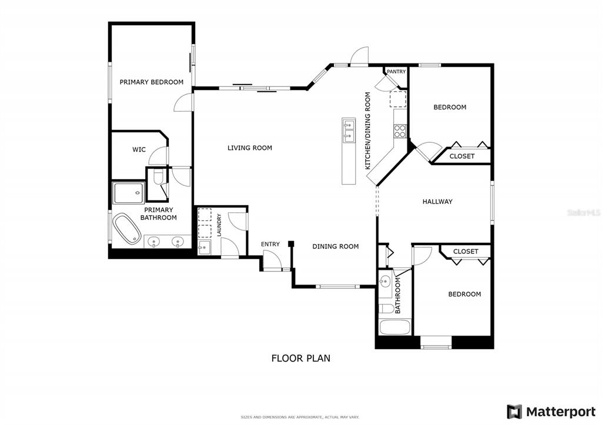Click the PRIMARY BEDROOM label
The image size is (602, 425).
pyautogui.click(x=151, y=82)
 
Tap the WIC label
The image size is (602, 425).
pyautogui.click(x=139, y=149)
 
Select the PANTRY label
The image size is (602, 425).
pyautogui.click(x=396, y=72)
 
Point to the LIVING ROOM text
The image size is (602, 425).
pyautogui.click(x=249, y=148)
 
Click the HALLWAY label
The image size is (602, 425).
pyautogui.click(x=437, y=202)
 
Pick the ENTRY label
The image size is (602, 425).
pyautogui.click(x=270, y=244)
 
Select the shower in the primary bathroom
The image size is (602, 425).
pyautogui.click(x=129, y=193)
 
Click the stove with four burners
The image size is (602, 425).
pyautogui.click(x=400, y=131)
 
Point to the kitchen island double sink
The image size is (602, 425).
pyautogui.click(x=349, y=130)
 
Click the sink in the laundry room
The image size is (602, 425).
pyautogui.click(x=204, y=247)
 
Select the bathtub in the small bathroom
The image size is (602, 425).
pyautogui.click(x=394, y=327)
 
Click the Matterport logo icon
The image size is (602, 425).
pyautogui.click(x=514, y=412)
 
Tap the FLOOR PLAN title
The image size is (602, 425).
pyautogui.click(x=300, y=358)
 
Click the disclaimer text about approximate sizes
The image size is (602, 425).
pyautogui.click(x=300, y=417)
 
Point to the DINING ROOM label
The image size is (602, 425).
pyautogui.click(x=335, y=246)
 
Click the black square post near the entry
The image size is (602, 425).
pyautogui.click(x=291, y=243)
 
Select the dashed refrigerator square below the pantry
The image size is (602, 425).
pyautogui.click(x=398, y=99)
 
